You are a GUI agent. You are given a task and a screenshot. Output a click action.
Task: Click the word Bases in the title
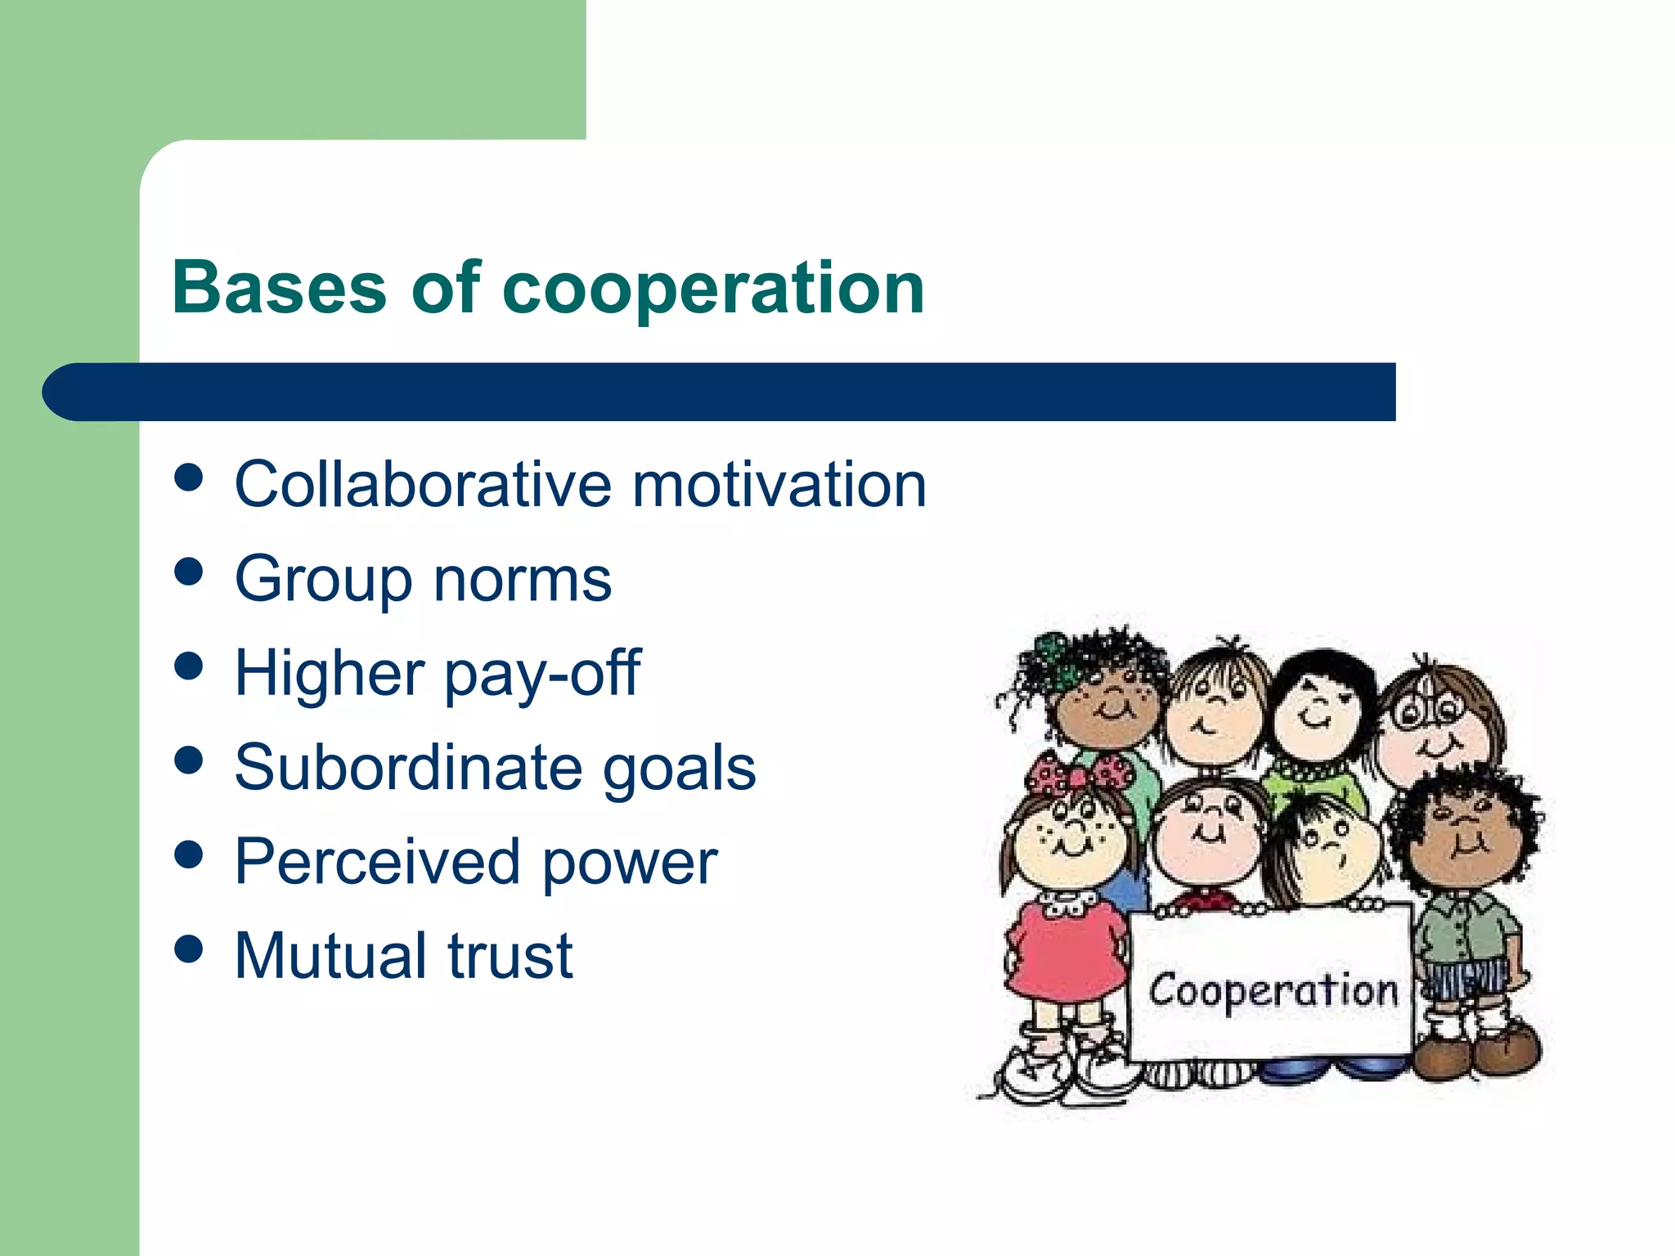[x=279, y=287]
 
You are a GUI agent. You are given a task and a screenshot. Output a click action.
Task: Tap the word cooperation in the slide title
[x=713, y=289]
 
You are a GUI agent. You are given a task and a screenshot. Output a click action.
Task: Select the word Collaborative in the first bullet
[x=422, y=484]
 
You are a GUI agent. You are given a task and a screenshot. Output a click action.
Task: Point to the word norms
[x=523, y=579]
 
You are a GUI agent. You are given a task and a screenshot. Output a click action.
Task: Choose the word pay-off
[x=542, y=674]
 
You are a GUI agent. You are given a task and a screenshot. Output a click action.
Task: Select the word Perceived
[x=377, y=862]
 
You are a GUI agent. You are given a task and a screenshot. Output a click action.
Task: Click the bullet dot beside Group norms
[x=189, y=572]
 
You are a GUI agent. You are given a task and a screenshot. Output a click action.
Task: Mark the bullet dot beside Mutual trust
[x=189, y=949]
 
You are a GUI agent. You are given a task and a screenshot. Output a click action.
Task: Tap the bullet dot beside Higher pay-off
[x=189, y=666]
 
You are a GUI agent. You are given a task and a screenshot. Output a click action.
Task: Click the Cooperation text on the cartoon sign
[x=1273, y=991]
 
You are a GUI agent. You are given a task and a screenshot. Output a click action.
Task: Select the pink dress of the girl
[x=1063, y=953]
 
